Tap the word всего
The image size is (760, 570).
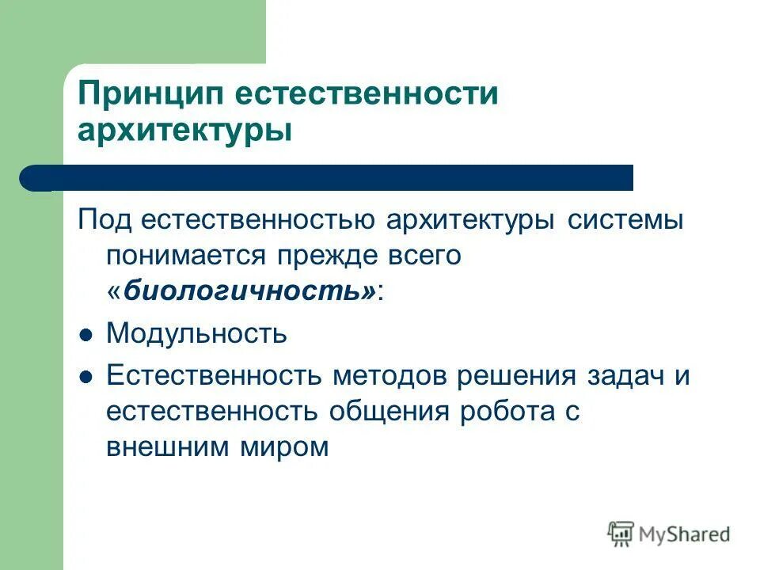[422, 256]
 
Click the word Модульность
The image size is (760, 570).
[197, 333]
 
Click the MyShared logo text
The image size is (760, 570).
[684, 534]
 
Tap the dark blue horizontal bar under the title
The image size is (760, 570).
[332, 177]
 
